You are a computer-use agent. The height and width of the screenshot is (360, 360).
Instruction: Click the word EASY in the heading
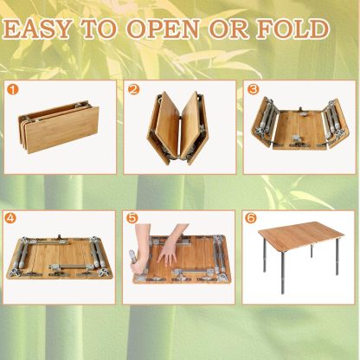click(x=37, y=29)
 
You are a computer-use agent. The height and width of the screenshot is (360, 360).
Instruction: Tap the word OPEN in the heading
click(x=163, y=29)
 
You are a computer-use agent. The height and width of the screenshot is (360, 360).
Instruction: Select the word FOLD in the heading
click(x=292, y=29)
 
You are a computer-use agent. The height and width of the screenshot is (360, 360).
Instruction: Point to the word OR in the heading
click(x=228, y=29)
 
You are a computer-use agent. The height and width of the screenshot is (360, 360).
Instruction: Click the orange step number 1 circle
click(x=13, y=90)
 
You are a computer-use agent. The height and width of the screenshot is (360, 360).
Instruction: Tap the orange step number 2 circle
click(x=133, y=90)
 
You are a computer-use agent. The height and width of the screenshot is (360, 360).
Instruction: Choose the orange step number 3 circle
click(x=253, y=90)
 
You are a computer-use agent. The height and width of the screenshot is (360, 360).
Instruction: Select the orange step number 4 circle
click(x=10, y=218)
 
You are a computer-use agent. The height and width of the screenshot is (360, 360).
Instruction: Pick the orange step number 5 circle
click(x=132, y=218)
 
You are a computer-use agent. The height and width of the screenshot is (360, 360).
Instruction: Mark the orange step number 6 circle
click(x=250, y=218)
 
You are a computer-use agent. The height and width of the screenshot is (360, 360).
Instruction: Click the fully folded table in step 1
click(x=59, y=127)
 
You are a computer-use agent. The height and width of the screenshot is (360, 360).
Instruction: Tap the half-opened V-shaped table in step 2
click(x=177, y=128)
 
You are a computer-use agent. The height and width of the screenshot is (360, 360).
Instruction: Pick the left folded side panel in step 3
click(x=265, y=123)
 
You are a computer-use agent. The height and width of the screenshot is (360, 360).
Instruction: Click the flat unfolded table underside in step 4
click(x=60, y=257)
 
